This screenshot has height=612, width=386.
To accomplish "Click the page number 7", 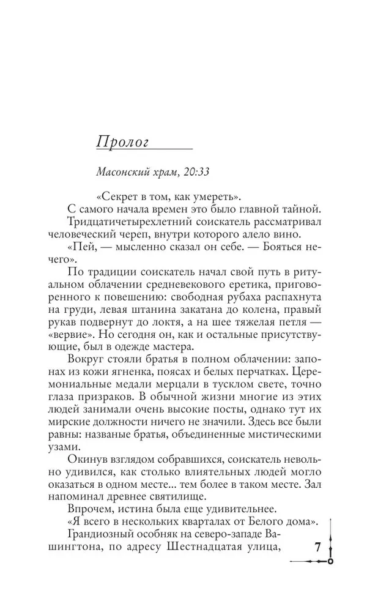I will coord(317,547).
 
